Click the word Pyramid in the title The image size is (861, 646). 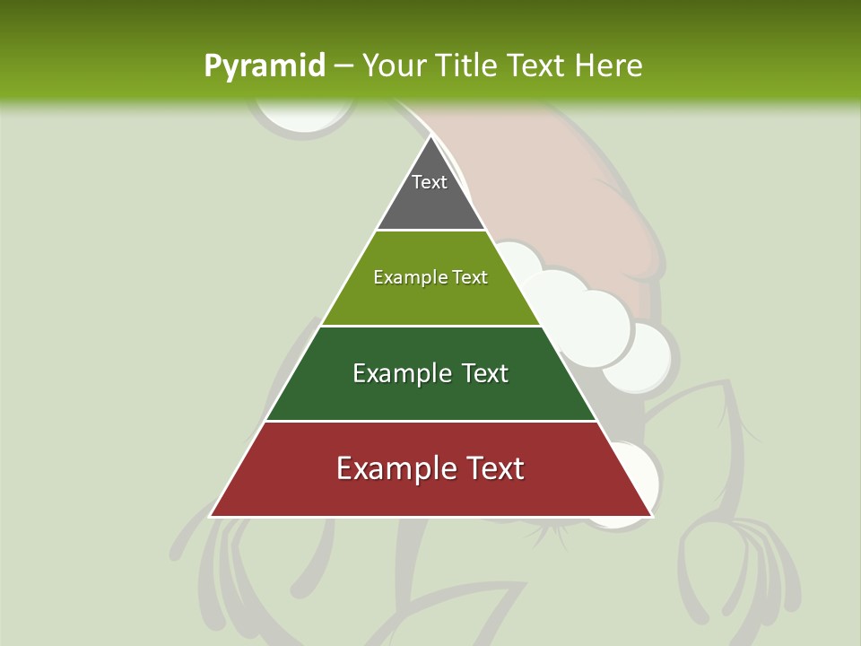[265, 65]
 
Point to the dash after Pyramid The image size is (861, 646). [344, 66]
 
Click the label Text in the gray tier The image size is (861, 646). [430, 182]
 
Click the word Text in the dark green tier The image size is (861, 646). [485, 373]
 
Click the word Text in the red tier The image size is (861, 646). [491, 468]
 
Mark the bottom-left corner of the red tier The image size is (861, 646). [212, 515]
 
